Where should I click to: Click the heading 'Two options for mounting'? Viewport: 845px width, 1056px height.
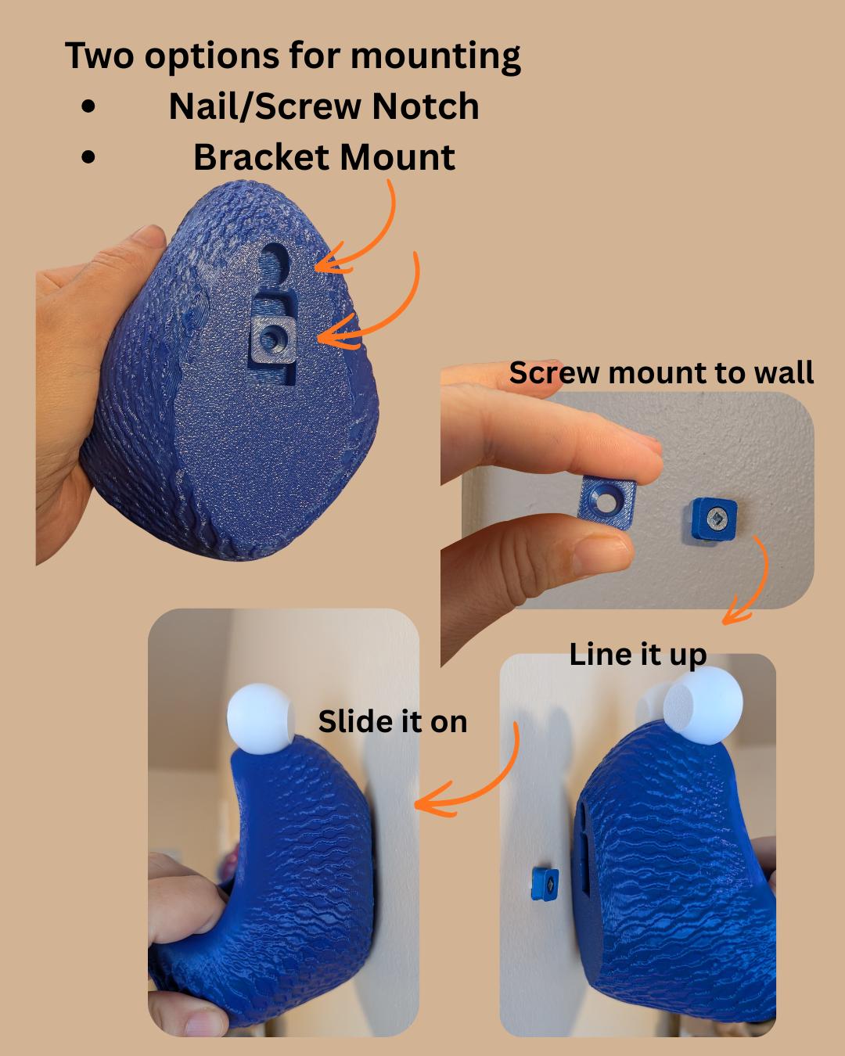[293, 56]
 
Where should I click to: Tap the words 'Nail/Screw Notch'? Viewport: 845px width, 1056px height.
[324, 106]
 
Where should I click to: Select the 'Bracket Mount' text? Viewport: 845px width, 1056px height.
[325, 157]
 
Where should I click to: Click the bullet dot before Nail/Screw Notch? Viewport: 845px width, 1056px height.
[88, 106]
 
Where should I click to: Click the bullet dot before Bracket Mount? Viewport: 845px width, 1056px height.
[88, 157]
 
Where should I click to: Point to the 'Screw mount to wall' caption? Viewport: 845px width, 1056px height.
[661, 373]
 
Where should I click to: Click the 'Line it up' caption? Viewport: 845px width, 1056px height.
[638, 656]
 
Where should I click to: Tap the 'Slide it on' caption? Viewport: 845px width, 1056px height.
[393, 722]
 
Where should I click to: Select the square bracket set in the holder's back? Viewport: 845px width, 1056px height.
[272, 339]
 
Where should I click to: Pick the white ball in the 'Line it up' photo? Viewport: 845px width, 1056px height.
[703, 705]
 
